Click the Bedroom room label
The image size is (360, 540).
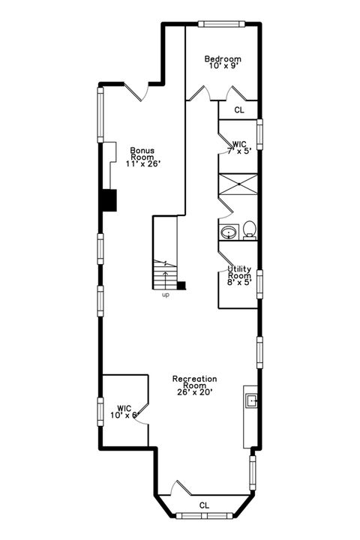[223, 59]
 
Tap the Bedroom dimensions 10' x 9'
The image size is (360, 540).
[223, 67]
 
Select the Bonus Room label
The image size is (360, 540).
[142, 153]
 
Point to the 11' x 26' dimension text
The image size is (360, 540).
[142, 163]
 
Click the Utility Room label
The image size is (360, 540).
[240, 271]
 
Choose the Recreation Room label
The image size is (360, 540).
[194, 382]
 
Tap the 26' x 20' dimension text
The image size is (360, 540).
[194, 392]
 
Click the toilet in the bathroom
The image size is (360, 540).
[249, 229]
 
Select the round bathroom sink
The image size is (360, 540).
[228, 232]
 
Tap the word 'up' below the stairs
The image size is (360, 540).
[165, 295]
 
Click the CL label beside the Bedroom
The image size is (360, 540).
[239, 109]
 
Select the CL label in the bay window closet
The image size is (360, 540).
[204, 505]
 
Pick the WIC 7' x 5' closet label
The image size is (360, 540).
[239, 146]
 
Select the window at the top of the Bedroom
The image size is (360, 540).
[219, 25]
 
